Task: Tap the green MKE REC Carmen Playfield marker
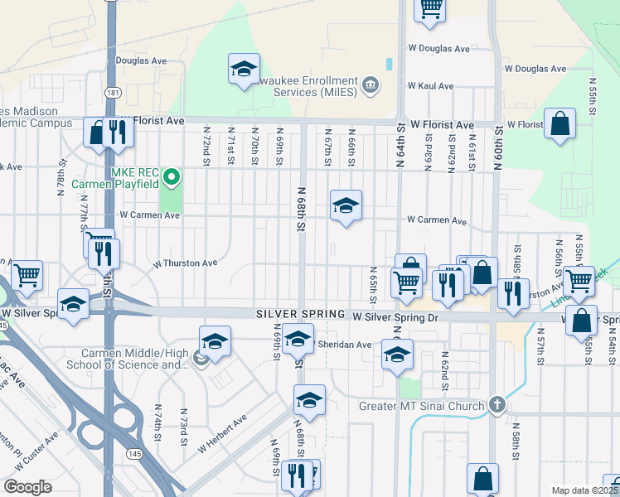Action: (172, 176)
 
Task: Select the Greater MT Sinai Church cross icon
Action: (496, 405)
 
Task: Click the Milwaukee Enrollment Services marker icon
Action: (371, 84)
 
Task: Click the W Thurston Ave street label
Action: (185, 263)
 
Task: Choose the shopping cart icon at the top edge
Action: (430, 8)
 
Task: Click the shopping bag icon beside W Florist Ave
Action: (560, 124)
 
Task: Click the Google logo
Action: (27, 487)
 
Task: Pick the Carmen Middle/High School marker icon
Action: (200, 358)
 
